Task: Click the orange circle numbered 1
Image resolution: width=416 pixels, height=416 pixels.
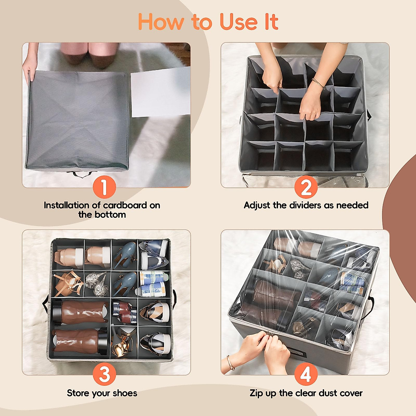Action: click(104, 187)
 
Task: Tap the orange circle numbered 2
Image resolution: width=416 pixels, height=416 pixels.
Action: click(306, 187)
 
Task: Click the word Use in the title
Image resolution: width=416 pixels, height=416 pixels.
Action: click(239, 22)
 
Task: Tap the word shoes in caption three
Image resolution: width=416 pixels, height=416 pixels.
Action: click(125, 393)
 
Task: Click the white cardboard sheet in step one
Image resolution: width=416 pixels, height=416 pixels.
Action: click(161, 92)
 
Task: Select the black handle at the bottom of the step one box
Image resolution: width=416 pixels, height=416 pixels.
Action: click(81, 174)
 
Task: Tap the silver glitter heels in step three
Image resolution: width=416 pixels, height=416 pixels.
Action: click(96, 284)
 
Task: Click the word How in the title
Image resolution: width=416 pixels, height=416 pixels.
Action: click(161, 22)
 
